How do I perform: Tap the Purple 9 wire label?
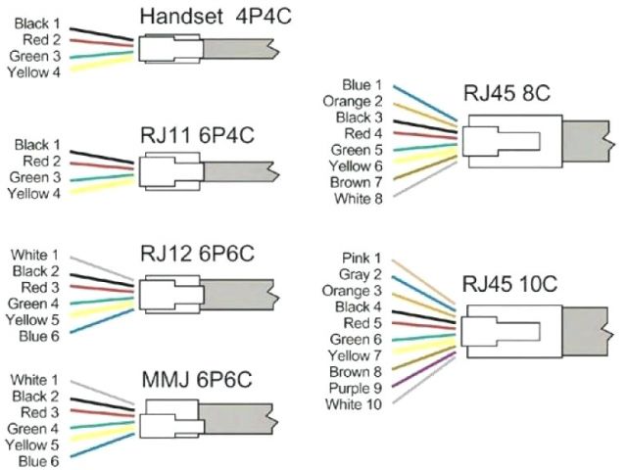click(x=355, y=389)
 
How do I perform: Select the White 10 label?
click(x=355, y=405)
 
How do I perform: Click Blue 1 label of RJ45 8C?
click(x=362, y=85)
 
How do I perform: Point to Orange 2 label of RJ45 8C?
click(x=355, y=101)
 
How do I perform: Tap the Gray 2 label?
click(x=360, y=275)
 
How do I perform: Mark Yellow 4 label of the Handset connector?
click(x=32, y=72)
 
